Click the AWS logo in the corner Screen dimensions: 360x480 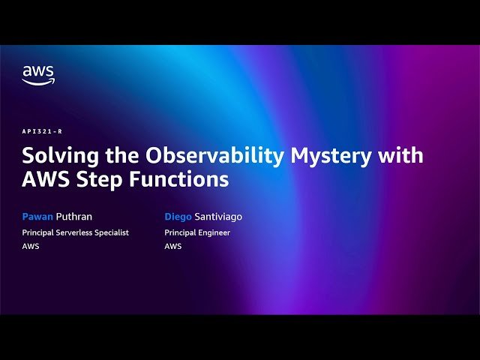pos(37,75)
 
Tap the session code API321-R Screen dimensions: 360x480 pos(41,131)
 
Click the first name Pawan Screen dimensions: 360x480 pos(36,217)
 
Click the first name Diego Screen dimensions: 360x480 pos(178,217)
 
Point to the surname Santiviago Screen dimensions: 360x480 pos(218,217)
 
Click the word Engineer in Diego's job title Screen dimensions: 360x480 pos(214,232)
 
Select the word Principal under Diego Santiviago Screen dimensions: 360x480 pos(180,232)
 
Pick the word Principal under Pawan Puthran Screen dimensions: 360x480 pos(37,232)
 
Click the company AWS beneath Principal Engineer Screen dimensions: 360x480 pos(173,246)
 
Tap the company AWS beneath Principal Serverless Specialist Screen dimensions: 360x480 pos(31,246)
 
